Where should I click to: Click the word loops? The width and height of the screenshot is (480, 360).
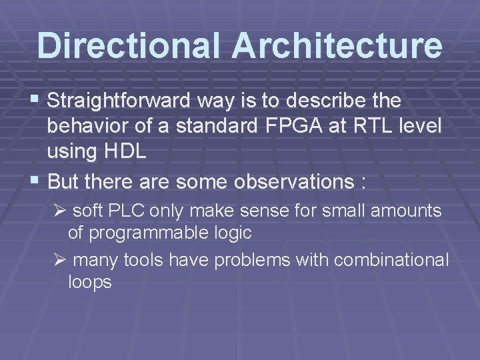pos(90,282)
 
